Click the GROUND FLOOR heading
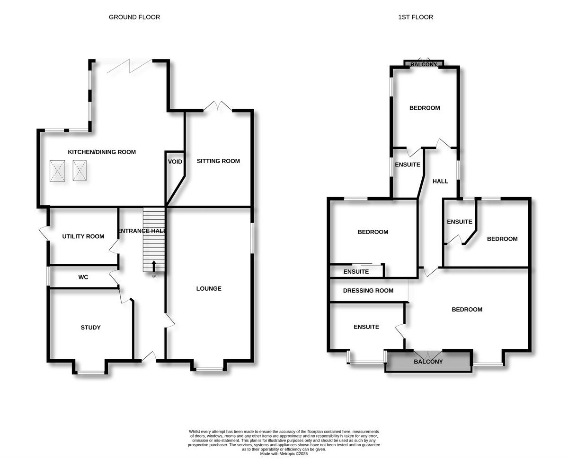tap(134, 17)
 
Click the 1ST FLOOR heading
tap(416, 17)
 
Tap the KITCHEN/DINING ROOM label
tap(102, 152)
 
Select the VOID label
tap(175, 162)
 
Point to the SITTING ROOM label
tap(218, 161)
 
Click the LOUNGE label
tap(209, 289)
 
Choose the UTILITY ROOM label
tap(83, 236)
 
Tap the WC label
tap(83, 277)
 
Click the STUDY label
tap(90, 328)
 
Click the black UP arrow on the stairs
tap(154, 266)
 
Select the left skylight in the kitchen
tap(57, 171)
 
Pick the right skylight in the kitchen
tap(80, 171)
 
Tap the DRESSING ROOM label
tap(368, 291)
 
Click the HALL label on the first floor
tap(440, 181)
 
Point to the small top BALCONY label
tap(424, 64)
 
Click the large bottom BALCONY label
tap(428, 362)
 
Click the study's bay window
tap(90, 373)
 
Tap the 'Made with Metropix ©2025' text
tap(284, 453)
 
